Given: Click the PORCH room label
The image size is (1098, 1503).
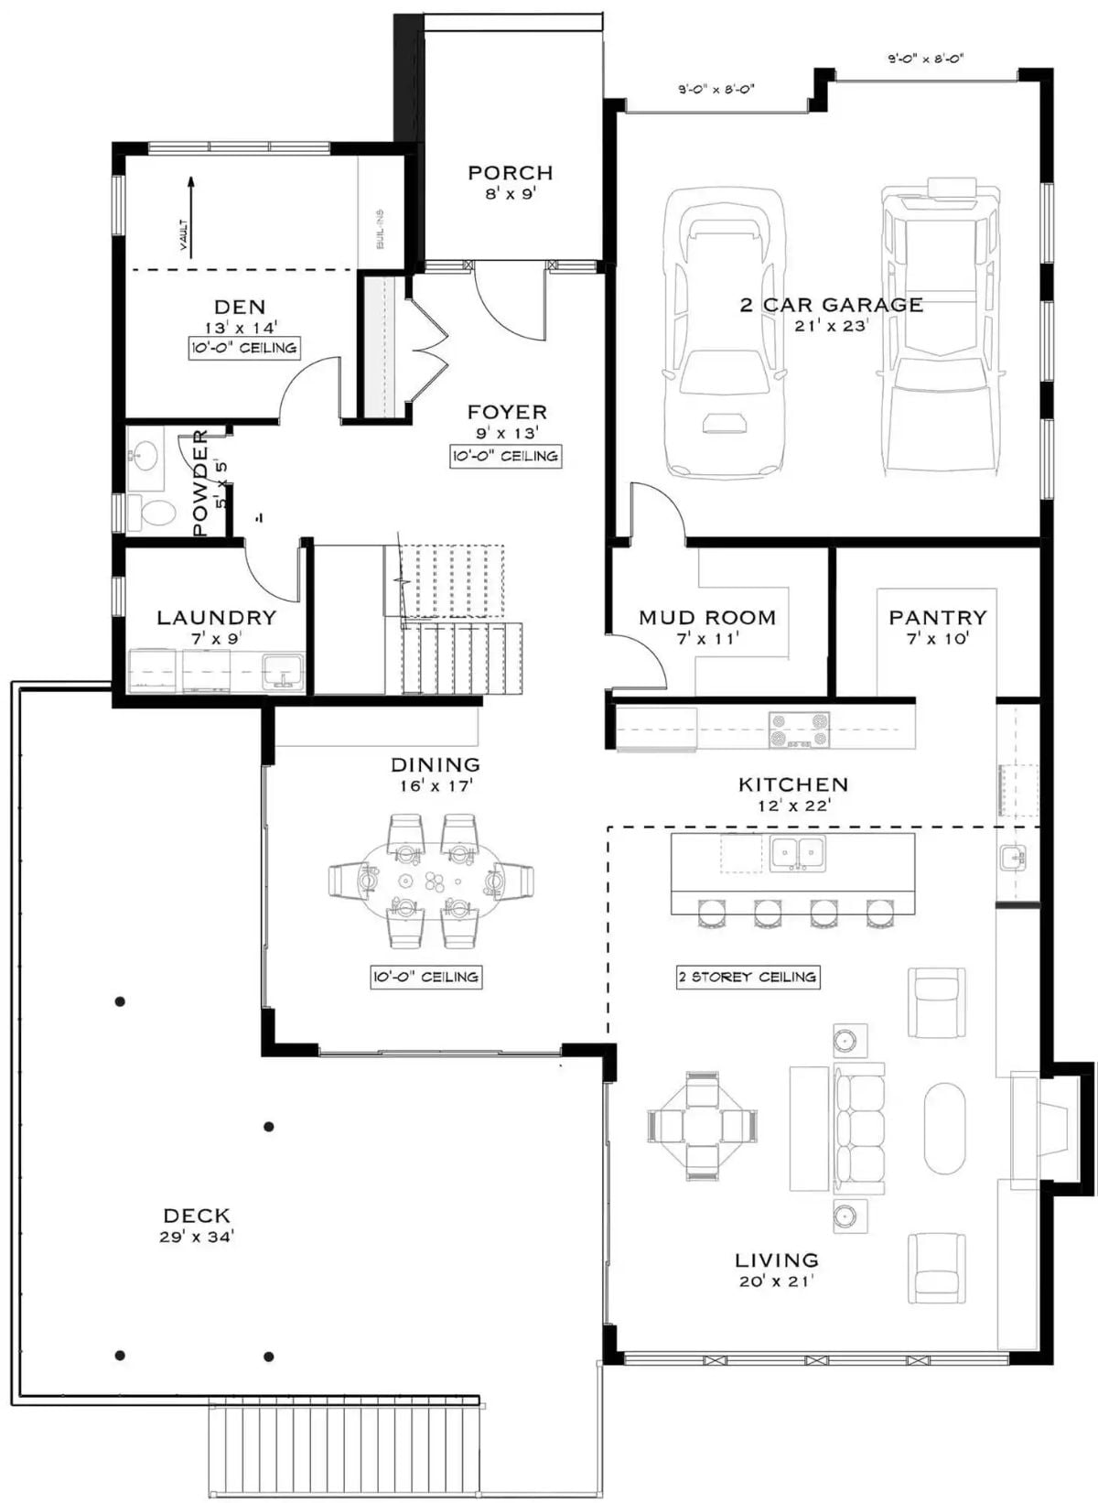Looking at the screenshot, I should [510, 172].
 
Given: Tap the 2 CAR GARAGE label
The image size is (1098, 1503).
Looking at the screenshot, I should [831, 305].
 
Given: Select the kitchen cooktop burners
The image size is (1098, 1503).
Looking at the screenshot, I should [799, 730].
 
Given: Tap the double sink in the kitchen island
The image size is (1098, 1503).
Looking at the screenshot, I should [797, 854].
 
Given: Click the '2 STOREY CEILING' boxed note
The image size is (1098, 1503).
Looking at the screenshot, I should [748, 977].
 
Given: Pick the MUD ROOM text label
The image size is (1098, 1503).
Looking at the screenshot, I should [706, 618].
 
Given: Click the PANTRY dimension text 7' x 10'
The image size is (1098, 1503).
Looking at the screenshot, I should [937, 639].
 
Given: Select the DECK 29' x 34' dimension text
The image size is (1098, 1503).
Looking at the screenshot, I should [196, 1237].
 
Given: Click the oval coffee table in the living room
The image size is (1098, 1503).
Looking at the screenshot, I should [944, 1128].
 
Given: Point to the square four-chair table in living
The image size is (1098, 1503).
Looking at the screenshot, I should [702, 1125].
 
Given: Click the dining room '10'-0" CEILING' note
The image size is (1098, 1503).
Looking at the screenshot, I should [425, 977].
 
